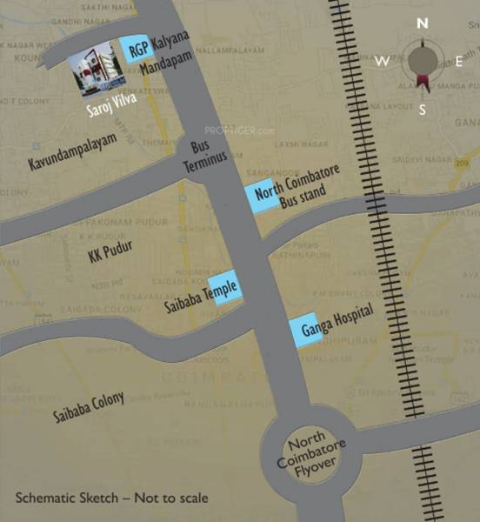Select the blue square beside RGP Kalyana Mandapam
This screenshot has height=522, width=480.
[x=135, y=49]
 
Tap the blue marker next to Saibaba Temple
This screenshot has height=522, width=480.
[x=223, y=288]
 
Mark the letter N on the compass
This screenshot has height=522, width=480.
[x=423, y=23]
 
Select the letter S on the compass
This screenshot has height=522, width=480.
[x=423, y=110]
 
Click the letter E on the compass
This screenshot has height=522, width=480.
[x=460, y=61]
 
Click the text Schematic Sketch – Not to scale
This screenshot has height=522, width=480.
[x=111, y=499]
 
